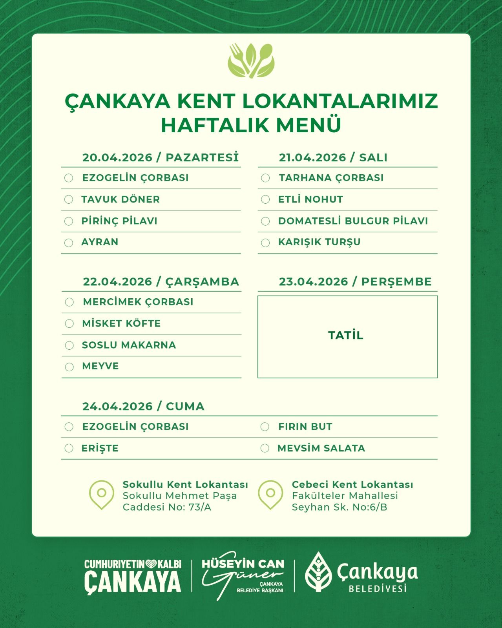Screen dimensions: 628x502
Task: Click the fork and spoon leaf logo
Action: tap(251, 60)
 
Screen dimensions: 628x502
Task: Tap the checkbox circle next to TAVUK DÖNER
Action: tap(69, 199)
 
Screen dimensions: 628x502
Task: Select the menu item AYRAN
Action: tap(100, 242)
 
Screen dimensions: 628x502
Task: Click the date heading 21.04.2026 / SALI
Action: tap(333, 158)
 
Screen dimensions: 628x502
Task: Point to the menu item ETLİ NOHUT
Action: tap(310, 199)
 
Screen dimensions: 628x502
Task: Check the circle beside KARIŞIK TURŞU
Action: tap(265, 243)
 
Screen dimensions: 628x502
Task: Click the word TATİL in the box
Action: tap(346, 336)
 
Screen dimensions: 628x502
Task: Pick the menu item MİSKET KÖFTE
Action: tap(121, 323)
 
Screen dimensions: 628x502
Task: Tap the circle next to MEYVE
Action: tap(69, 367)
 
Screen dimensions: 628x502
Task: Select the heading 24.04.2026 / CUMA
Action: tap(143, 407)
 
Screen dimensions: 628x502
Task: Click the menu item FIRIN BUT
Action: tap(305, 427)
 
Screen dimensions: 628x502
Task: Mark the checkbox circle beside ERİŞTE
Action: tap(69, 448)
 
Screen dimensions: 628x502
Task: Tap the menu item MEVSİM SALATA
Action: tap(321, 448)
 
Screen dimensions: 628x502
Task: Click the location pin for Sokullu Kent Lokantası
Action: tap(102, 494)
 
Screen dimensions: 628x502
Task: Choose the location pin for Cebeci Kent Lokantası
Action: tap(270, 494)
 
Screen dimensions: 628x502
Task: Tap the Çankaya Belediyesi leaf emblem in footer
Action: tap(318, 571)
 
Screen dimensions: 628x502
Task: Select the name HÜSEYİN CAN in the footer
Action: tap(243, 564)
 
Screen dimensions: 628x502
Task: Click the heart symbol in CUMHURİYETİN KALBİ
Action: tap(151, 564)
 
